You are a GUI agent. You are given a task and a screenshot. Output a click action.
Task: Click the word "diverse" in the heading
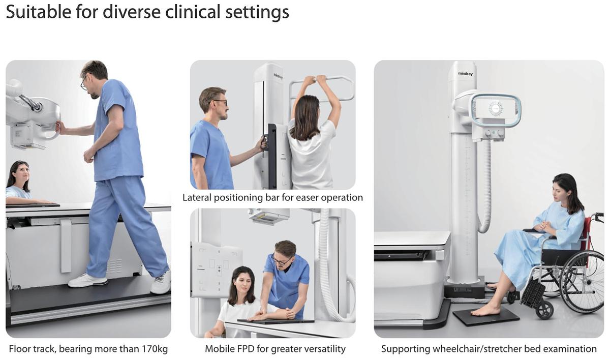[x=132, y=12]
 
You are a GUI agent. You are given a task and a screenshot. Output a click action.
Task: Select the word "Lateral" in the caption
[x=197, y=197]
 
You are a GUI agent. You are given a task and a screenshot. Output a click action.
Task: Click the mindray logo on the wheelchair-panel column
[x=466, y=74]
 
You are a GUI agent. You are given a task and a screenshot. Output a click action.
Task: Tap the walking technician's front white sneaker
[x=87, y=281]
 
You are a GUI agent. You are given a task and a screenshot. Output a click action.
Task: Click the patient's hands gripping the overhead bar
[x=315, y=79]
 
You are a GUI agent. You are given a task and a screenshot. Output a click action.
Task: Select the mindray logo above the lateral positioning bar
[x=278, y=76]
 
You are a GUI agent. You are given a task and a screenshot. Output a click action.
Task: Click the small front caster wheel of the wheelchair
[x=544, y=311]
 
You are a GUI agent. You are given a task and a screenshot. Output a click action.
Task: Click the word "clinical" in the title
[x=193, y=12]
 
